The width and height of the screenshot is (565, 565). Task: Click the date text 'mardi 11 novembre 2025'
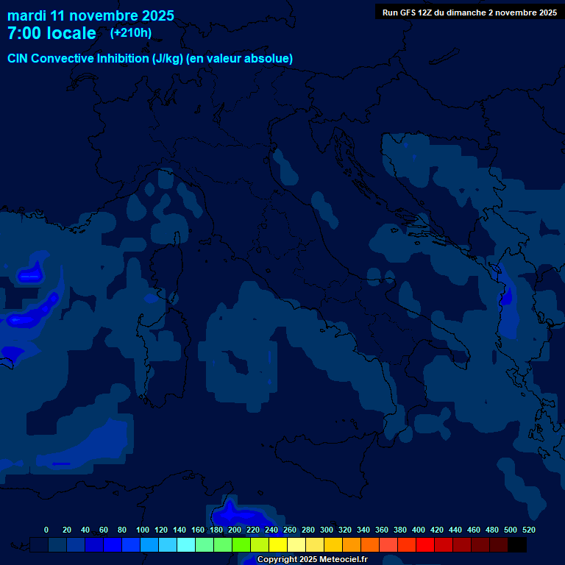click(x=90, y=15)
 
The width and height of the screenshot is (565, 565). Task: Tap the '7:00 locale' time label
click(x=51, y=33)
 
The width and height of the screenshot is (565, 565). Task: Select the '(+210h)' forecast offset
click(x=131, y=32)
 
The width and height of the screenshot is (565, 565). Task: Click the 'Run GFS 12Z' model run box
click(x=469, y=12)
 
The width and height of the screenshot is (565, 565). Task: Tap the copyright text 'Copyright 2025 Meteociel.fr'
click(x=312, y=559)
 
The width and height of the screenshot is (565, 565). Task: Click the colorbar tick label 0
click(x=46, y=530)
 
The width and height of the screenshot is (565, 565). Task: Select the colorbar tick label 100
click(x=143, y=530)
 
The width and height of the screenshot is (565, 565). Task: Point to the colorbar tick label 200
click(x=235, y=530)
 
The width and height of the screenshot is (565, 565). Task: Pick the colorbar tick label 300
click(x=327, y=530)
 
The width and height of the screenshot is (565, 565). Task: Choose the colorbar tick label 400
click(x=419, y=530)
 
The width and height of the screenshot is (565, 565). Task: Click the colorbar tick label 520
click(x=529, y=530)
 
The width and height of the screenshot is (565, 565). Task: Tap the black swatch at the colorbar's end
click(x=517, y=545)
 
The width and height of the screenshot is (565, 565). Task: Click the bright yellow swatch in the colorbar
click(x=278, y=545)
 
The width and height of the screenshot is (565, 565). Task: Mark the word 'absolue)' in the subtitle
click(x=270, y=58)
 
